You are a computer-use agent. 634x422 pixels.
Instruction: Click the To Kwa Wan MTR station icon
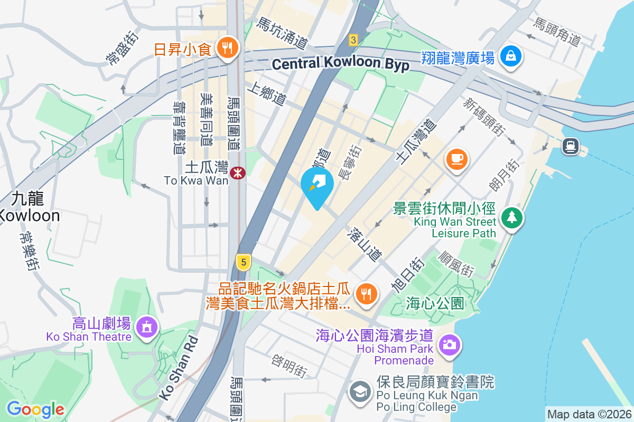point(238,172)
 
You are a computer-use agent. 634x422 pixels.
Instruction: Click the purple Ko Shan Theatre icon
point(146,327)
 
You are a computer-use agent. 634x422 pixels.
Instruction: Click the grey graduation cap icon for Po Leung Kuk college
point(361,393)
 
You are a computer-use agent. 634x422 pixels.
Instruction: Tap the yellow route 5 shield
point(243,262)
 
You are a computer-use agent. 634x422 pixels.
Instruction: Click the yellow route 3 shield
point(353,39)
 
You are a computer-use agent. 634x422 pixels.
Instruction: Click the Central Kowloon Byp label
point(341,64)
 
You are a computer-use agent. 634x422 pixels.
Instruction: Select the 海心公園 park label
point(435,303)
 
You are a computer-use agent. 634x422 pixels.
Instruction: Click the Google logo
point(35,409)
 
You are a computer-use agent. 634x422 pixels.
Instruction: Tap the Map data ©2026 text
point(589,414)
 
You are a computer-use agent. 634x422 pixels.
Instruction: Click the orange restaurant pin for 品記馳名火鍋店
point(365,293)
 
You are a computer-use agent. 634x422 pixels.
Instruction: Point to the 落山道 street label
point(365,244)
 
